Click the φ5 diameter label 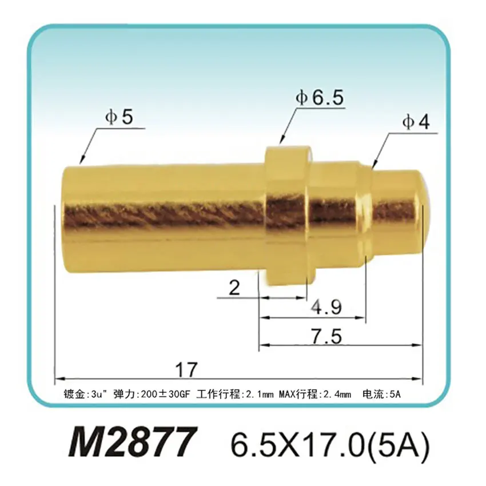[118, 117]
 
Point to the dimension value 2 [234, 289]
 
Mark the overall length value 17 [186, 369]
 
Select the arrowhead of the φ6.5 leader [281, 140]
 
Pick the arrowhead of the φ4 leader [375, 166]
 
